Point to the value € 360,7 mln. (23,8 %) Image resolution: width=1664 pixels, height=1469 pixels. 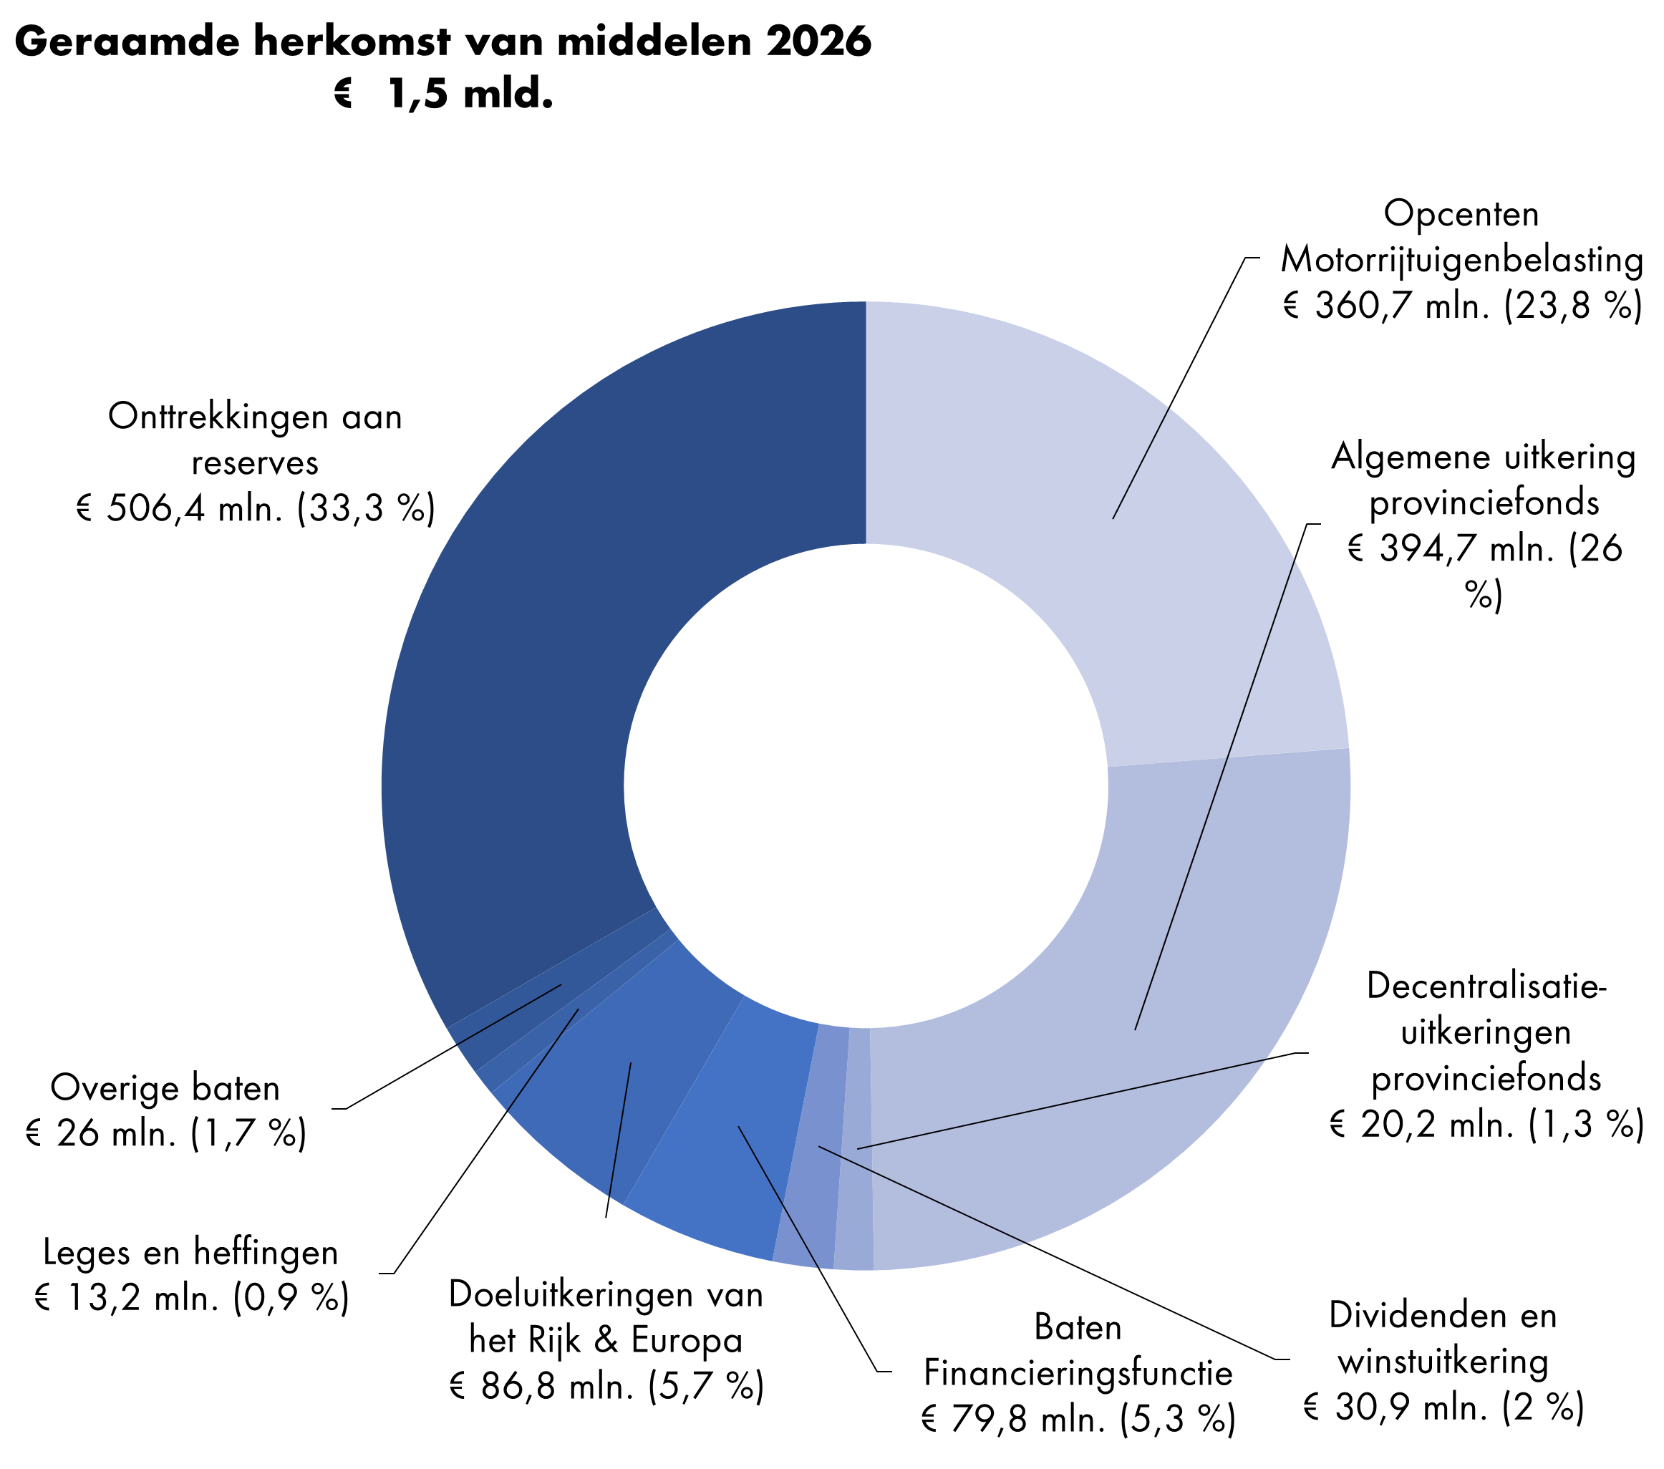pos(1462,306)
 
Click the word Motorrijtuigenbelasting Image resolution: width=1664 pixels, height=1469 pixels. pos(1462,260)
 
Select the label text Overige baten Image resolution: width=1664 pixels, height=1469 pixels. pos(165,1087)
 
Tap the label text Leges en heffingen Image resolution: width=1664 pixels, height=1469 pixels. pos(190,1251)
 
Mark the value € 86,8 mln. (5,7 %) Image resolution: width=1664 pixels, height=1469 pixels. pos(606,1386)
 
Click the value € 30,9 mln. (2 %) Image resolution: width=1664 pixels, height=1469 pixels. pos(1443,1407)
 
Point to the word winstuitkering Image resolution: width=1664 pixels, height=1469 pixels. pos(1443,1362)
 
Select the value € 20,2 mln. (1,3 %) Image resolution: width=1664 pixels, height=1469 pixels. pos(1486,1125)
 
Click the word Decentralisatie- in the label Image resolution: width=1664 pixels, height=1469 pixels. pos(1486,986)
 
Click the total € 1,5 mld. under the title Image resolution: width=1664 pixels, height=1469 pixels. pos(444,94)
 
